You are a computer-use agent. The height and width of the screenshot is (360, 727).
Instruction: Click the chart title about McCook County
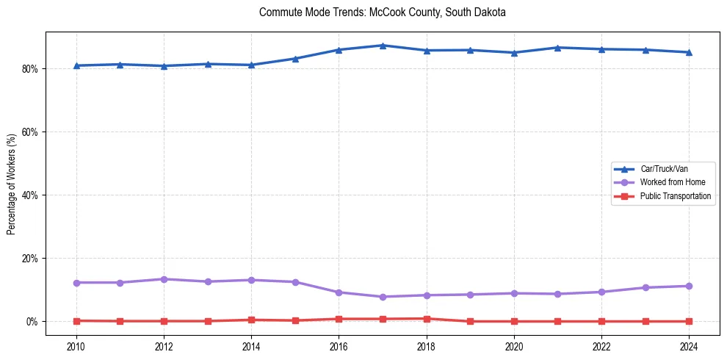coord(383,12)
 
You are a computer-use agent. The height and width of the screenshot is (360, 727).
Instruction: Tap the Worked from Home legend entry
coord(668,182)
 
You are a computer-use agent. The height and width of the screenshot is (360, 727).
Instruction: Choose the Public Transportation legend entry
coord(675,196)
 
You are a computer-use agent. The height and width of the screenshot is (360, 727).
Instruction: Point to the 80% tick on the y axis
coord(30,69)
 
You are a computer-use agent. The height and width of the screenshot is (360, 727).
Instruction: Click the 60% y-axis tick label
coord(30,132)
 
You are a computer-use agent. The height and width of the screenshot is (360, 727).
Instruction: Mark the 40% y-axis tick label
coord(30,195)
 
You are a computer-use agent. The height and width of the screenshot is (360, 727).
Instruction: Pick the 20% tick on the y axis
coord(30,259)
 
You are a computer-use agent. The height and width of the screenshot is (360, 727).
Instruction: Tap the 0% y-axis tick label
coord(32,322)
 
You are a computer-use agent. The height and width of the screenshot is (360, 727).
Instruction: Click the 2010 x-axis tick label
coord(76,346)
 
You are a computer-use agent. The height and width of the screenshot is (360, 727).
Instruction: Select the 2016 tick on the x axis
coord(339,346)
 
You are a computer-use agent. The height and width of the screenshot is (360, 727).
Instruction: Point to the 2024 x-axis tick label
coord(689,346)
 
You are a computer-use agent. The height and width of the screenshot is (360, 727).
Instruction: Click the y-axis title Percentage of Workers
coord(12,184)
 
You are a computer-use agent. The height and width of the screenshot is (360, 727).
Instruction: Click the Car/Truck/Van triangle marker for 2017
coord(383,46)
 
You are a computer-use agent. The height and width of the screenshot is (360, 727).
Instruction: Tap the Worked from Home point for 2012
coord(164,279)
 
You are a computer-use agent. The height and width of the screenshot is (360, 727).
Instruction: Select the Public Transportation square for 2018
coord(427,319)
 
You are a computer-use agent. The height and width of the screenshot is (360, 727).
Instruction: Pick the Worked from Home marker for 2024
coord(689,286)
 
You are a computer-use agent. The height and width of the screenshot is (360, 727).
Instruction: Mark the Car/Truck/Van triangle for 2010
coord(76,65)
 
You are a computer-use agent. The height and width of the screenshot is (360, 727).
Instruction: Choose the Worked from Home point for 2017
coord(383,297)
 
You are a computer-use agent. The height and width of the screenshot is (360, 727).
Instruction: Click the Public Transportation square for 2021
coord(558,321)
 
